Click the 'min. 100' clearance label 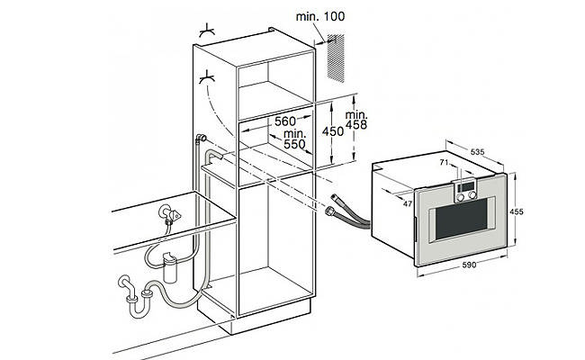320,16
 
